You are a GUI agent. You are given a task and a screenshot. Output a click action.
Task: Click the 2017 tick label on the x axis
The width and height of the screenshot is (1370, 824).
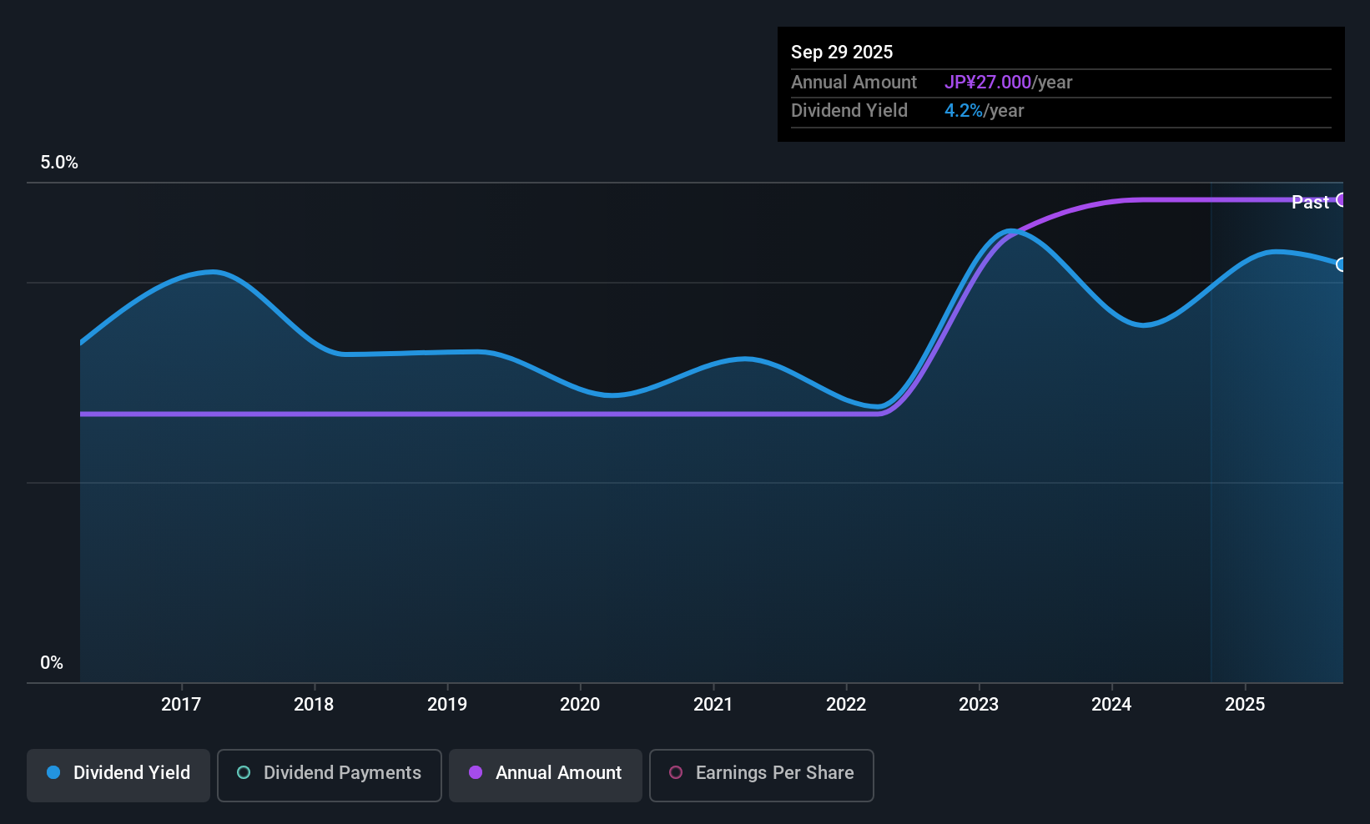pos(181,704)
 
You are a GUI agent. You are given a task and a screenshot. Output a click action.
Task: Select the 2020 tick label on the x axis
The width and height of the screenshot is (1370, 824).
pos(580,704)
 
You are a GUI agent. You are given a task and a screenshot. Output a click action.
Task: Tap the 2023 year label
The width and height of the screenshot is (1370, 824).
pos(979,704)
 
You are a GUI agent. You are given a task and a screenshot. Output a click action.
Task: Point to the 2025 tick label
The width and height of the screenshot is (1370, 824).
pos(1245,704)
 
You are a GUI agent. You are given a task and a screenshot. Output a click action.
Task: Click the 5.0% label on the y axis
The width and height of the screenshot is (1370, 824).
pos(59,163)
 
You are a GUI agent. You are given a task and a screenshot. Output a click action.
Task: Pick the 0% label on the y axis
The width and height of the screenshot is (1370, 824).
pos(52,663)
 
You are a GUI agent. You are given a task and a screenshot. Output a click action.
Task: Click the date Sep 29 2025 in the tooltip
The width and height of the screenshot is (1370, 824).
pos(842,52)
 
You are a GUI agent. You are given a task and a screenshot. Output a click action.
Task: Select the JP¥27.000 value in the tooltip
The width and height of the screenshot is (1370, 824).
pos(988,83)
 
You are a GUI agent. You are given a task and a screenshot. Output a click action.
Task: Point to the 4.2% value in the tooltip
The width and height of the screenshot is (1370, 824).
pos(964,111)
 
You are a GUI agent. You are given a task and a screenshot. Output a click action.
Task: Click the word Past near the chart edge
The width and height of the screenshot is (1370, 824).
pos(1310,202)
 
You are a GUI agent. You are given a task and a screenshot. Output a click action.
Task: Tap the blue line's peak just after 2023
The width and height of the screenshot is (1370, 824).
pos(1011,231)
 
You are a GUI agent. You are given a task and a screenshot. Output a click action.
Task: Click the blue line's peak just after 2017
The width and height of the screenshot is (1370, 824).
pos(214,271)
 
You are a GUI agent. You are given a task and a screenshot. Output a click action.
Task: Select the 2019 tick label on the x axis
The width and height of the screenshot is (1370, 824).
pos(447,704)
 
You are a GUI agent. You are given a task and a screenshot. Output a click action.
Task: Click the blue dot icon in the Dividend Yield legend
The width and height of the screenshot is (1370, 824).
pos(53,772)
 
